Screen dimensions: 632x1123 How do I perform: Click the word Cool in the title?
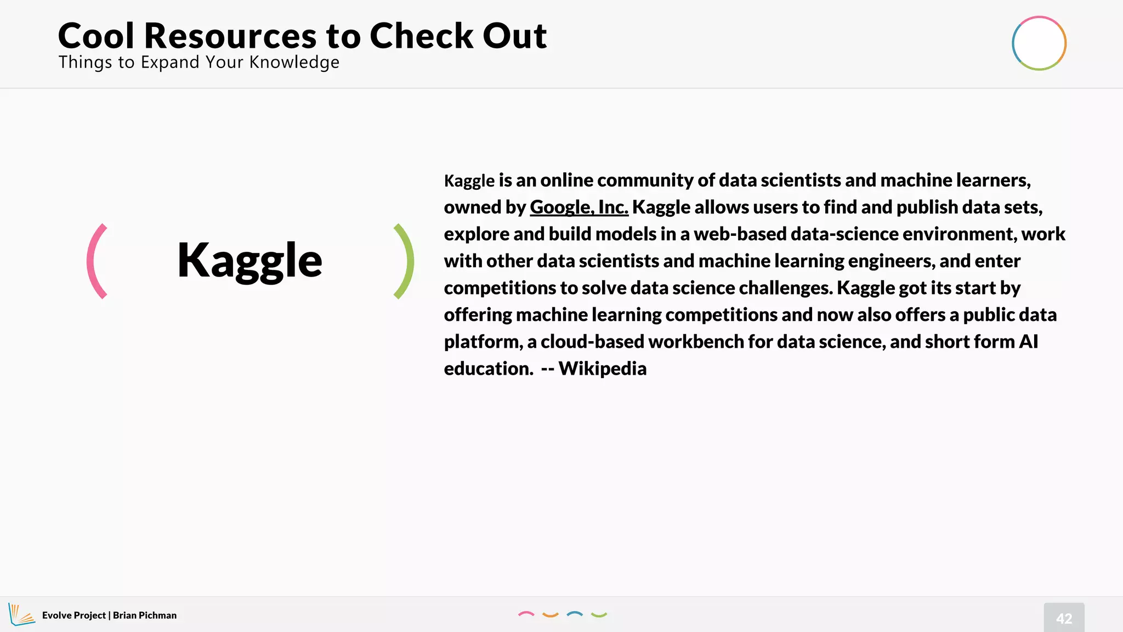pos(96,36)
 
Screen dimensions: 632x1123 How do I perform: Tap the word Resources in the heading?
pos(230,36)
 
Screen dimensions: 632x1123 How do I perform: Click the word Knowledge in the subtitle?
pos(294,63)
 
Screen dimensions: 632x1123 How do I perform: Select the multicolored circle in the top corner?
pos(1039,43)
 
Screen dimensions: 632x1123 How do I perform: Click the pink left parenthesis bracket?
pos(95,261)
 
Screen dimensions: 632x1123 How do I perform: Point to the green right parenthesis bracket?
pos(405,261)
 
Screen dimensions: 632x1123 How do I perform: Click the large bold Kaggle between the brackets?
pos(249,261)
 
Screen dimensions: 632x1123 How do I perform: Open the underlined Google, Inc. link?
pos(578,207)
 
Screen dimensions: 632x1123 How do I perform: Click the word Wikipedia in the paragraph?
pos(603,369)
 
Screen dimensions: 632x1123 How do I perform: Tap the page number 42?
pos(1064,618)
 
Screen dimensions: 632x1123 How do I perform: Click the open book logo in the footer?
pos(21,614)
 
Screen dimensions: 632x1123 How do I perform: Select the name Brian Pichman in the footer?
pos(145,616)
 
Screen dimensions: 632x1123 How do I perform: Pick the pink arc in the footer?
pos(526,614)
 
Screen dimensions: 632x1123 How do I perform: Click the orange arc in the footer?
pos(550,615)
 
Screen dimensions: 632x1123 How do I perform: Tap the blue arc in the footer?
pos(574,614)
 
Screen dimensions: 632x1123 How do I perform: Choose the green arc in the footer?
pos(599,615)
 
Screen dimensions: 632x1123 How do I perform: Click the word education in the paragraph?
pos(488,369)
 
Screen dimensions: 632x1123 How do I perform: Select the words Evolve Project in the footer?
pos(73,616)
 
